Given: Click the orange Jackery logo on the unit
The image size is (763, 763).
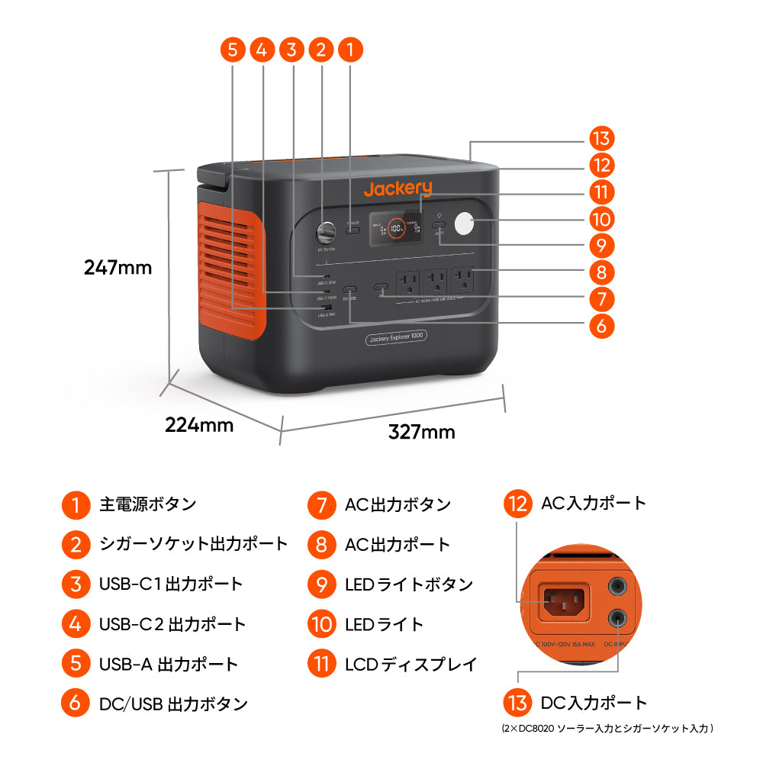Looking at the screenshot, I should (x=398, y=188).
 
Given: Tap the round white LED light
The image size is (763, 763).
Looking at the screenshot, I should (x=464, y=225).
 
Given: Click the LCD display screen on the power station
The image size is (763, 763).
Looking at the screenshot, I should (x=395, y=227).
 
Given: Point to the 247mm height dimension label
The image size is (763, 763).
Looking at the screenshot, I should (x=118, y=268).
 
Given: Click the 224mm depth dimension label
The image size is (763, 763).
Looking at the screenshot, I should (x=199, y=425).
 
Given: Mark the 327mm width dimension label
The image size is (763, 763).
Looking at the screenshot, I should (x=421, y=432).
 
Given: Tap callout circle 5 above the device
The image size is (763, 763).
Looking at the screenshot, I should (x=233, y=50).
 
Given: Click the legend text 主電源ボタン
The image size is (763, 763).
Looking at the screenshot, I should (x=147, y=504).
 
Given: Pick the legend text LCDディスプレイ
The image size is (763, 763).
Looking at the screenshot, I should (x=410, y=664).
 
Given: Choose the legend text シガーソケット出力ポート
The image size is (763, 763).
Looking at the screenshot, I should (x=194, y=544).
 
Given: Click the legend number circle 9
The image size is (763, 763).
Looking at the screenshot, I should (x=321, y=584).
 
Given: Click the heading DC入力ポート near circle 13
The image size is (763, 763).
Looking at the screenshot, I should (x=594, y=703).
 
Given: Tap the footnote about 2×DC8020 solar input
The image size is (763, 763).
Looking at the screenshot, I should (x=607, y=729).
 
